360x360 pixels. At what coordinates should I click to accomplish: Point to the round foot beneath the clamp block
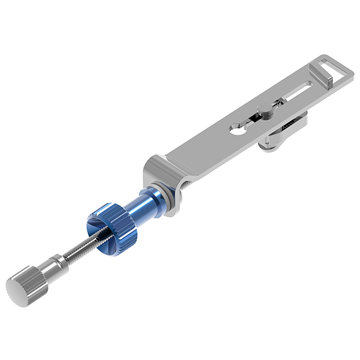point(269,144)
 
